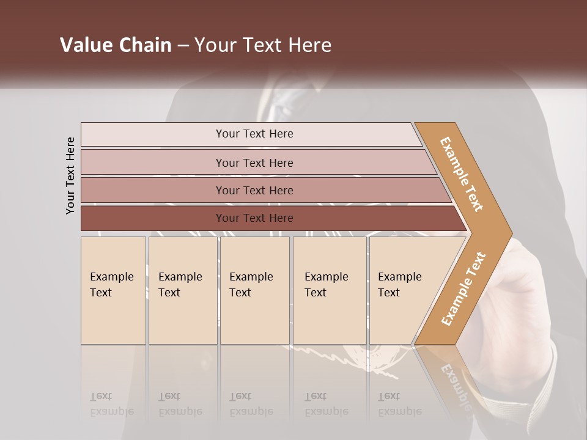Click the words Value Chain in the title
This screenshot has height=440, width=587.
[x=116, y=45]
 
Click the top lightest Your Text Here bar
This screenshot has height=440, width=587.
[x=254, y=134]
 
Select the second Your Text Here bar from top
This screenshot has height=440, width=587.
[x=254, y=163]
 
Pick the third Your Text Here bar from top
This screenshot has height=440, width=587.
[x=254, y=190]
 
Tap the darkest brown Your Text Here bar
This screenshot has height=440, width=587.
[x=254, y=218]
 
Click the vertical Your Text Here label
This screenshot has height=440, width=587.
[x=70, y=176]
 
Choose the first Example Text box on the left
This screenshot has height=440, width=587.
[x=113, y=290]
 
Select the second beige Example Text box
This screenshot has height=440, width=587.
[x=182, y=290]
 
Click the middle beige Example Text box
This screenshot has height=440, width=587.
[x=254, y=290]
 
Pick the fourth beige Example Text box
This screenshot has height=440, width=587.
[x=330, y=290]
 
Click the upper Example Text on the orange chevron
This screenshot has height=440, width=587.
[x=462, y=174]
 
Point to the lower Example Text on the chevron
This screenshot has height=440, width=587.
[x=463, y=289]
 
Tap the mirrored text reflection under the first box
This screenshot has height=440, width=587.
[x=111, y=404]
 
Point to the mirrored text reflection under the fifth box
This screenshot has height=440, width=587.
[x=399, y=404]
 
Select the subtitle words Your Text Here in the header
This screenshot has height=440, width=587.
[x=263, y=45]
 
